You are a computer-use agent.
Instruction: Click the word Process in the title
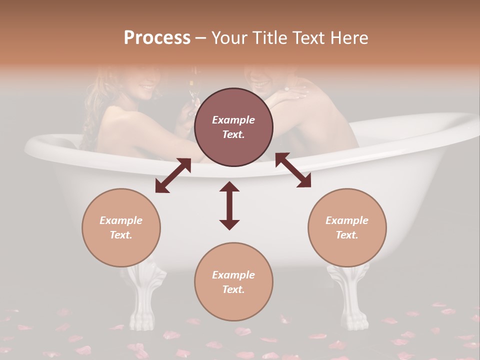point(157,38)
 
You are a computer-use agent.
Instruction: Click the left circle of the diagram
point(121,227)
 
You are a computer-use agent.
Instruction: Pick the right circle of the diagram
point(347,227)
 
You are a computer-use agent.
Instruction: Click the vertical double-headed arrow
point(229,205)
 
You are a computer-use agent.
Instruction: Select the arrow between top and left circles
point(173,175)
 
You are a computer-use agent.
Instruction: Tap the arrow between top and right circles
point(293,170)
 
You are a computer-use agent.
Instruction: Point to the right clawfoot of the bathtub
point(348,295)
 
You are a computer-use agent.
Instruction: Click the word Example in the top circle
point(233,120)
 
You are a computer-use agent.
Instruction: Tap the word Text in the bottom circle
point(233,289)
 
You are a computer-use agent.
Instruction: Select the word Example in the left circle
point(121,220)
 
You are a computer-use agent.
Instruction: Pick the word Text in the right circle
point(347,235)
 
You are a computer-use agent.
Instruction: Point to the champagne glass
point(193,92)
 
